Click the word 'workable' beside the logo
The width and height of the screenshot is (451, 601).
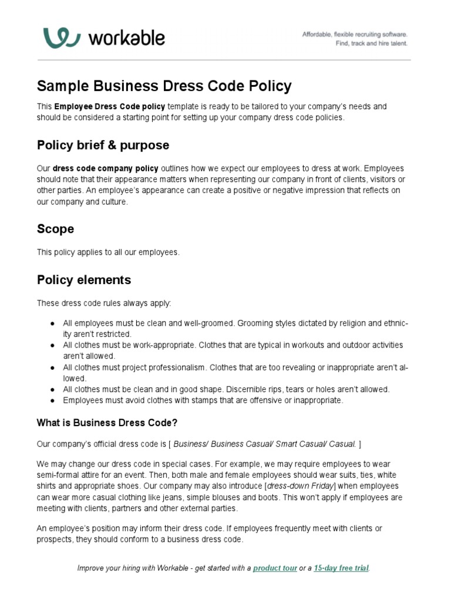point(126,38)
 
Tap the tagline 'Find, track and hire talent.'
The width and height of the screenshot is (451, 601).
point(371,43)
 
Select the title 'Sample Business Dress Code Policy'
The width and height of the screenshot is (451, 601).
point(164,86)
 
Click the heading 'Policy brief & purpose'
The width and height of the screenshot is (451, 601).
point(103,145)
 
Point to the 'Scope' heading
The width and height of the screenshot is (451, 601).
point(55,228)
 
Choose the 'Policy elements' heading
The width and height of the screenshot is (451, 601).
point(84,279)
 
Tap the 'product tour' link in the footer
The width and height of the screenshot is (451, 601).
point(275,568)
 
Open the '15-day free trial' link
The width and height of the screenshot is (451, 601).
point(342,568)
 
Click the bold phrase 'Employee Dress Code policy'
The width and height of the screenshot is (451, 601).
point(110,107)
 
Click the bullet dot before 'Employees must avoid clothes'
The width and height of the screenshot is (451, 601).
point(53,400)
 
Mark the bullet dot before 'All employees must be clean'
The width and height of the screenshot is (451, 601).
point(53,323)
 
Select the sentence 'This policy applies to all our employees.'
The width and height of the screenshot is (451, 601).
point(108,252)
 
